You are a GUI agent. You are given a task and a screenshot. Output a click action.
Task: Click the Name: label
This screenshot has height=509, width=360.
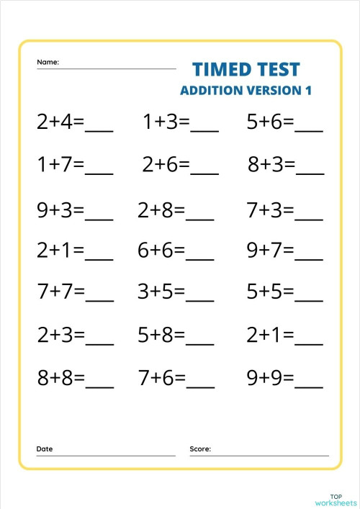click(x=48, y=62)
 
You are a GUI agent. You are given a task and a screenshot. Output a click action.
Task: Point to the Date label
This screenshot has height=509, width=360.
click(x=45, y=449)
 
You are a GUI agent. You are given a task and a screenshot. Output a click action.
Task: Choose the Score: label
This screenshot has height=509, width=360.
click(x=200, y=449)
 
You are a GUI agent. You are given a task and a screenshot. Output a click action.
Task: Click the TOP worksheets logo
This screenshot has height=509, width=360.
click(x=336, y=498)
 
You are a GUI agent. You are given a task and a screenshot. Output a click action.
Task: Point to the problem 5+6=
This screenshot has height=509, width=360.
click(x=270, y=122)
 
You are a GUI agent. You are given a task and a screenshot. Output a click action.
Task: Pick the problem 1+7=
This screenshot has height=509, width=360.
click(x=60, y=166)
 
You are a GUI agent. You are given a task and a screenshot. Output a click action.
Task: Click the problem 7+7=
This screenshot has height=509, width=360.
click(x=60, y=292)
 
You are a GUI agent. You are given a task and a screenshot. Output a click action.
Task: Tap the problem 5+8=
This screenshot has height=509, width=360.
click(x=161, y=335)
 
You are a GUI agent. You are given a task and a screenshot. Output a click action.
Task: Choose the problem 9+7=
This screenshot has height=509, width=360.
click(x=270, y=251)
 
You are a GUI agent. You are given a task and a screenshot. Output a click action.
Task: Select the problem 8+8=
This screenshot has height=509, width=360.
click(x=60, y=378)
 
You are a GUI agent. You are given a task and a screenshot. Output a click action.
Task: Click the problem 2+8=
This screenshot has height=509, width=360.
click(x=161, y=210)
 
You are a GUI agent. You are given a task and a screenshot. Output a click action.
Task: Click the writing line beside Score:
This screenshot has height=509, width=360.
click(x=271, y=454)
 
